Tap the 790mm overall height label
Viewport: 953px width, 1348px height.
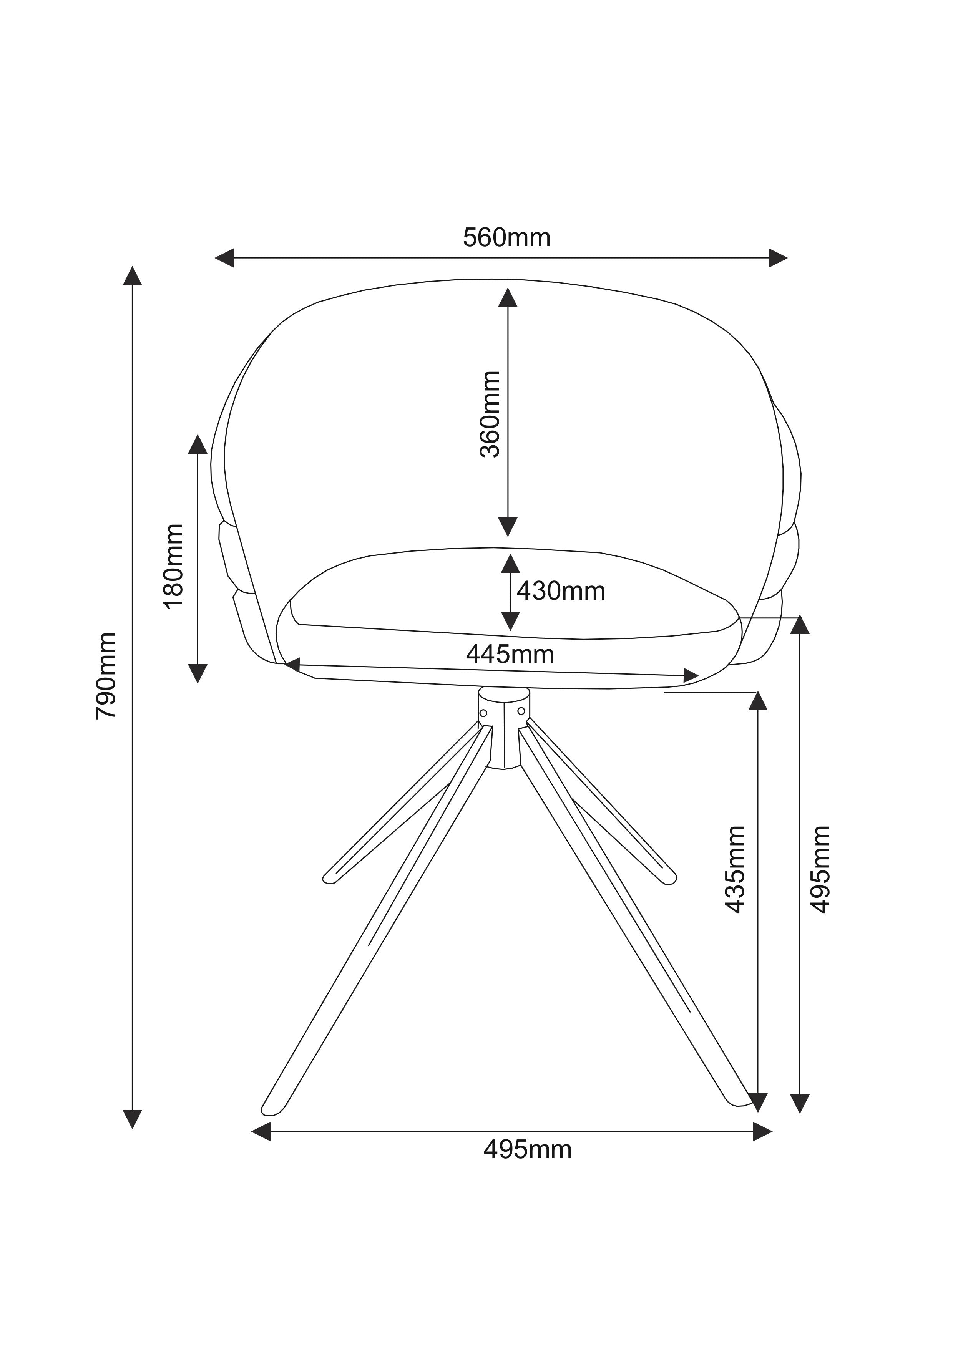106,675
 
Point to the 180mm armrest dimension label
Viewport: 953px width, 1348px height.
174,566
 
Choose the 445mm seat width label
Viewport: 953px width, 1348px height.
510,654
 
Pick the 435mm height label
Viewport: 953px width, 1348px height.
735,869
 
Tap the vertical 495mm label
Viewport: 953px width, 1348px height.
820,869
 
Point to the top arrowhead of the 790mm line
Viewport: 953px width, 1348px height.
133,276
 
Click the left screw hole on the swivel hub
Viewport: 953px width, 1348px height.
483,713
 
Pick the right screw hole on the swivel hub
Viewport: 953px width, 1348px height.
521,711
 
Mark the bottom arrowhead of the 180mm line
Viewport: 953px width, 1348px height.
198,673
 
